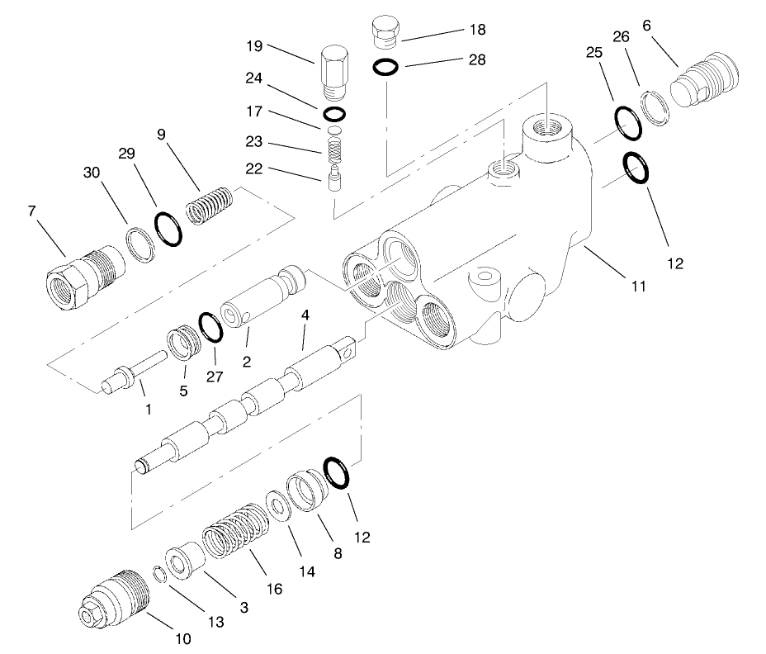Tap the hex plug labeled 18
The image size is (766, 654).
pos(384,33)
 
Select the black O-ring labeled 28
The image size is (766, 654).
pos(385,67)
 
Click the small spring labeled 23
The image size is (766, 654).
pos(333,149)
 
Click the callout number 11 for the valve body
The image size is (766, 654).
pos(638,287)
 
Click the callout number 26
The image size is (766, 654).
pos(622,36)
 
